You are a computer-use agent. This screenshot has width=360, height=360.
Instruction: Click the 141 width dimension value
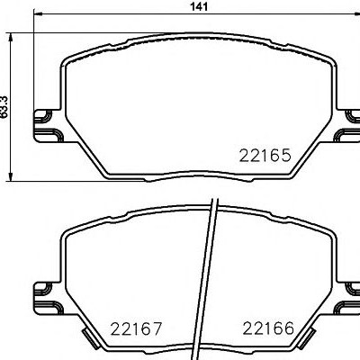click(x=199, y=6)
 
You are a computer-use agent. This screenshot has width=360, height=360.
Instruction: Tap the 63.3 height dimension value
click(x=4, y=106)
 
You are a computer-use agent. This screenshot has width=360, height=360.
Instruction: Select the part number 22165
click(x=265, y=156)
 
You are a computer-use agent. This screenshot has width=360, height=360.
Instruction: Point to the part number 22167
click(x=136, y=328)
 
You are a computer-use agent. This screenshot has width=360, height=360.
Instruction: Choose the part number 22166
click(x=268, y=328)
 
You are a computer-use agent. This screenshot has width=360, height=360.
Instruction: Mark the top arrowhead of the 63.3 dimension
click(x=11, y=38)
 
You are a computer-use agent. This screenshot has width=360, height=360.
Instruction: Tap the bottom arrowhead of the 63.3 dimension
click(x=11, y=176)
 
